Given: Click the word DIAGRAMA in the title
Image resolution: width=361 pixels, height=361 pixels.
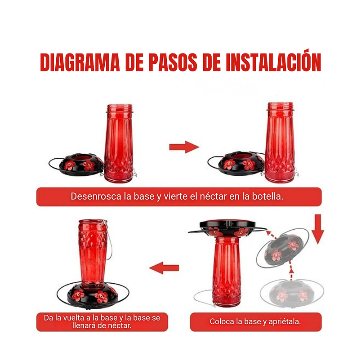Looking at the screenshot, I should click(x=80, y=62).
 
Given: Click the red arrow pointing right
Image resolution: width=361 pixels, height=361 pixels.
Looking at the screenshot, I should click(x=184, y=147).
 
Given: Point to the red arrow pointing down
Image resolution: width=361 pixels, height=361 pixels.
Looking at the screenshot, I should click(x=318, y=229).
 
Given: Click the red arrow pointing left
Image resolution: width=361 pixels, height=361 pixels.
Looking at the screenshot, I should click(x=164, y=268).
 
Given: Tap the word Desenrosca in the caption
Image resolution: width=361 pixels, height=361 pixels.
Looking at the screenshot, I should click(x=93, y=197).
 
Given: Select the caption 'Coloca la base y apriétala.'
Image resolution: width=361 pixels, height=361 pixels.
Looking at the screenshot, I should click(x=255, y=321).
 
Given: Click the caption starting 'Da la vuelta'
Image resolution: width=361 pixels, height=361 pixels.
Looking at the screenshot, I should click(x=102, y=321).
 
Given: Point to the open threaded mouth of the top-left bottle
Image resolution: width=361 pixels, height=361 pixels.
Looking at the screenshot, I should click(x=119, y=108).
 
